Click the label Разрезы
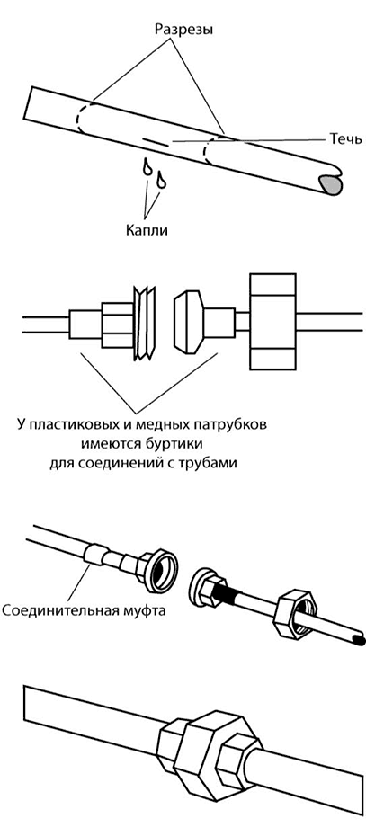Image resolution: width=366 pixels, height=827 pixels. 183,30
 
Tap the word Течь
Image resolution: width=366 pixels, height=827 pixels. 345,138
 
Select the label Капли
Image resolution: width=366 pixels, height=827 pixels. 147,230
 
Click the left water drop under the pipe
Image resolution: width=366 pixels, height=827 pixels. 147,167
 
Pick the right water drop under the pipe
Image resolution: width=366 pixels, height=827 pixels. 161,179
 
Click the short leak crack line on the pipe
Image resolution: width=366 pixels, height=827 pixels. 156,142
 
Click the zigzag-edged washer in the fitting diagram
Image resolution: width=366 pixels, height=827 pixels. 145,324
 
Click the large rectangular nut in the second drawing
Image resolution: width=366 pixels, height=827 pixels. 272,321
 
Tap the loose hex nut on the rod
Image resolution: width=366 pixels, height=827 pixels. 297,615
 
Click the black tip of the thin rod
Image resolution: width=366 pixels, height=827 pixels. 359,640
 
